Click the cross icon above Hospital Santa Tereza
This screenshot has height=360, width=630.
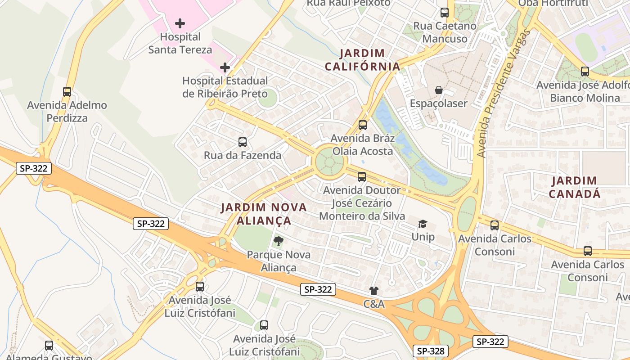tap(180, 23)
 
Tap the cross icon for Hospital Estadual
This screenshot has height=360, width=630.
tap(225, 67)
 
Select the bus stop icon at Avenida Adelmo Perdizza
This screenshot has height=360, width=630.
tap(67, 92)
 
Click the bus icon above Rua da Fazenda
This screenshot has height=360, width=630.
tap(243, 142)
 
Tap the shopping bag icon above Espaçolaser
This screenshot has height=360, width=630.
tap(439, 90)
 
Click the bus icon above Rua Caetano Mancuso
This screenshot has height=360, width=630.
tap(445, 13)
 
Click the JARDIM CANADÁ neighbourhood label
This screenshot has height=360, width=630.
tap(575, 187)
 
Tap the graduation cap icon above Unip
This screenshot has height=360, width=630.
tap(423, 224)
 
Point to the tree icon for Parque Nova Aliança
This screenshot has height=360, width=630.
tap(279, 241)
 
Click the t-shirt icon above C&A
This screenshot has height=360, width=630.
tap(374, 291)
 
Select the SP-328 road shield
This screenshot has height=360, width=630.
tap(430, 351)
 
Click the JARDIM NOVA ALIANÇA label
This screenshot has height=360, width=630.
tap(264, 214)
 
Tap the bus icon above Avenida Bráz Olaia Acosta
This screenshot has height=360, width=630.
tap(363, 125)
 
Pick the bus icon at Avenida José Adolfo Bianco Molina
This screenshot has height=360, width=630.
tap(585, 71)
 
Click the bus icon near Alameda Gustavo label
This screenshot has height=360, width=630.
tap(49, 346)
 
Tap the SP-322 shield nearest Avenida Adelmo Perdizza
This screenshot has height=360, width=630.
tap(34, 169)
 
